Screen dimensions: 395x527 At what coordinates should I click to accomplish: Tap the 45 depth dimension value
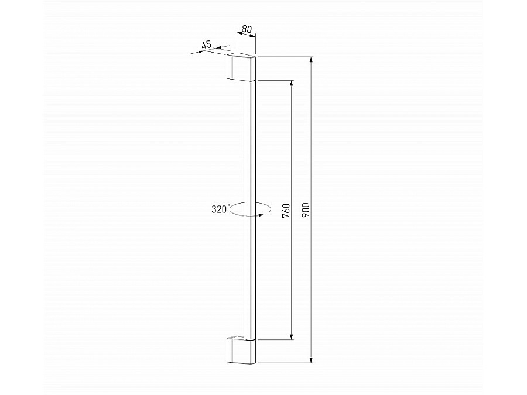(206, 44)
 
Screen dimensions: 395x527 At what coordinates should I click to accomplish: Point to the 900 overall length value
(306, 209)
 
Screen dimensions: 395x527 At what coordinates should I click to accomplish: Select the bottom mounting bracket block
(241, 351)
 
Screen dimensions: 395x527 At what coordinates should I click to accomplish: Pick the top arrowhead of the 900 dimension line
(312, 61)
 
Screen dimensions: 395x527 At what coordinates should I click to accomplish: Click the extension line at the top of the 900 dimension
(287, 57)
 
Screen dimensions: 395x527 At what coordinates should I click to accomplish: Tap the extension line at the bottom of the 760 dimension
(275, 339)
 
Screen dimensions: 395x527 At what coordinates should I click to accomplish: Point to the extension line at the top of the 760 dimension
(275, 80)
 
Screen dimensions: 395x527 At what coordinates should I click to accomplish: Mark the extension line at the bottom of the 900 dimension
(287, 364)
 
